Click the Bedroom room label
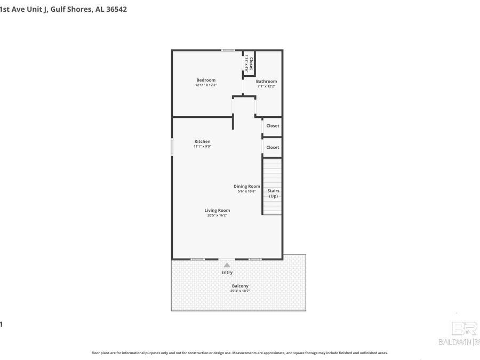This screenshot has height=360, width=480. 206,80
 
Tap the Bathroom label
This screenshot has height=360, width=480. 267,82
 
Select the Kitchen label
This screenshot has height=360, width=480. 202,141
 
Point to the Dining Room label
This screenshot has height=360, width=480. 247,186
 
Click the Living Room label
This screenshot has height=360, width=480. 217,210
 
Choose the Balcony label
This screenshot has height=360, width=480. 240,286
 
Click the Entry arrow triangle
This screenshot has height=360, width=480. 227,265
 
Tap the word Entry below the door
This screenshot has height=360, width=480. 227,273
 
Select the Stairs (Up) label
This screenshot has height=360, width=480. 273,193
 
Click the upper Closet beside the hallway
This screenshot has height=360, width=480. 273,126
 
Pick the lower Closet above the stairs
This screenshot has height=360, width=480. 273,147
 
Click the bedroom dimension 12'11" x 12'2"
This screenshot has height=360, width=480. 206,85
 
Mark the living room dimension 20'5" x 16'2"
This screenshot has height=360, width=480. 217,215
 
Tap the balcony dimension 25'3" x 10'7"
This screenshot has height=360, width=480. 240,291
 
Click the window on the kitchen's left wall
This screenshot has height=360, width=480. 172,147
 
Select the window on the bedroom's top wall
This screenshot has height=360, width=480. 228,50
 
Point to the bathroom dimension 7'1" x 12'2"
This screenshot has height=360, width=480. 267,86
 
